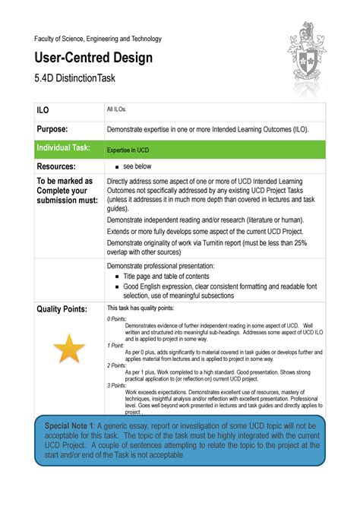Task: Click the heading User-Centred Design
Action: coord(93,58)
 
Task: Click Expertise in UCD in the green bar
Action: coord(128,150)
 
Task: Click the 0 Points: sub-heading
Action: coord(117,319)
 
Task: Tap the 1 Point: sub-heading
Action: coord(115,345)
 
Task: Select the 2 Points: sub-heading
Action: coord(117,365)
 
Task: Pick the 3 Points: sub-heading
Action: coord(117,386)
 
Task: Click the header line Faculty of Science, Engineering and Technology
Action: coord(96,39)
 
